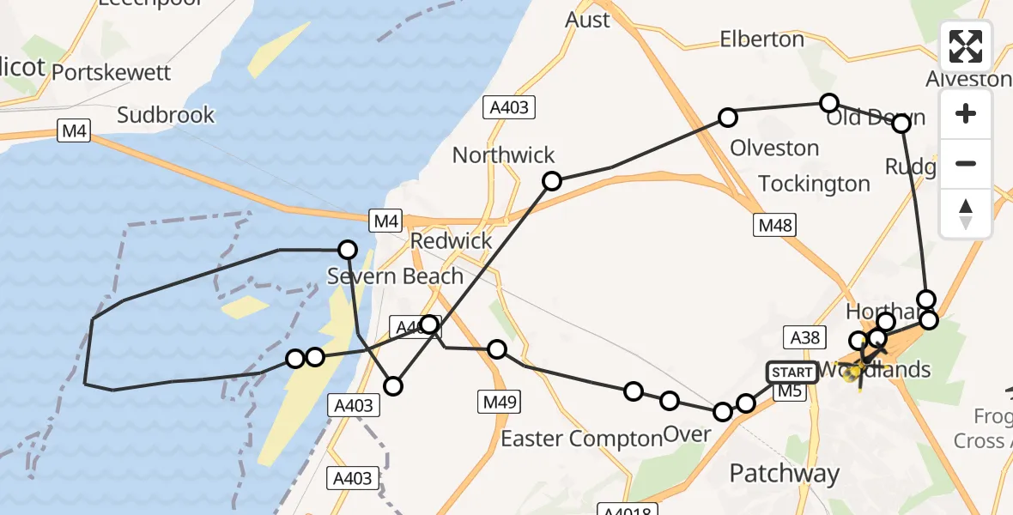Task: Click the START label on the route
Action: pos(792,372)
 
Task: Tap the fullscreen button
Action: pos(966,46)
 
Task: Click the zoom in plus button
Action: pos(966,113)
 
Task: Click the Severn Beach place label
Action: pos(395,276)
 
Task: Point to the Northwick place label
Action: pos(503,155)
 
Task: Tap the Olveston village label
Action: pos(774,148)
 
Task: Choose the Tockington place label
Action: pos(814,184)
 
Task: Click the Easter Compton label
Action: pos(581,439)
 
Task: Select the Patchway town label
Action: pos(784,473)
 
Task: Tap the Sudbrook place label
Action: pos(166,115)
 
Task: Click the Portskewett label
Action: pos(112,72)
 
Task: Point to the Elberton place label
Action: pos(761,39)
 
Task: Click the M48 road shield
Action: pos(773,225)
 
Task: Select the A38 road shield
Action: pos(804,337)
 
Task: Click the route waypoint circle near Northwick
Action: pos(552,181)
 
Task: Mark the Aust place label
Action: pos(587,20)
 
